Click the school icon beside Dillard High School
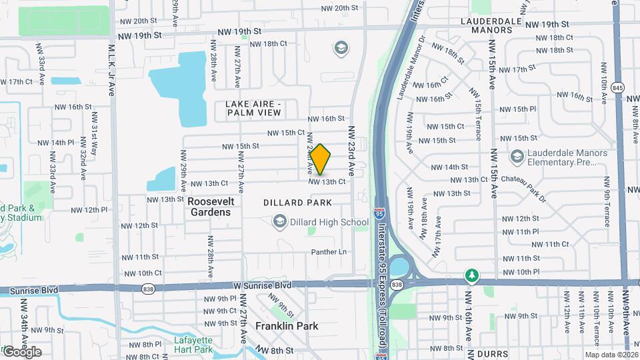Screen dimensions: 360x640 [x=281, y=221]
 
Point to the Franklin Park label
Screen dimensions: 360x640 [x=287, y=326]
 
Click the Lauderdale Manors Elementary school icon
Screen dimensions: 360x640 [x=517, y=156]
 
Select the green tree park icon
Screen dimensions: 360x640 [x=472, y=275]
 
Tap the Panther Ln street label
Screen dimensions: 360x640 [x=329, y=252]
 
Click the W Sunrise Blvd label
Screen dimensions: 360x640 [x=261, y=285]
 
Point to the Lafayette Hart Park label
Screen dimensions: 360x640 [x=193, y=345]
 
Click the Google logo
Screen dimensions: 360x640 [x=22, y=352]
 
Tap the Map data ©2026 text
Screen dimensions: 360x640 [x=611, y=355]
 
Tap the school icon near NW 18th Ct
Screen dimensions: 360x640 [x=341, y=48]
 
